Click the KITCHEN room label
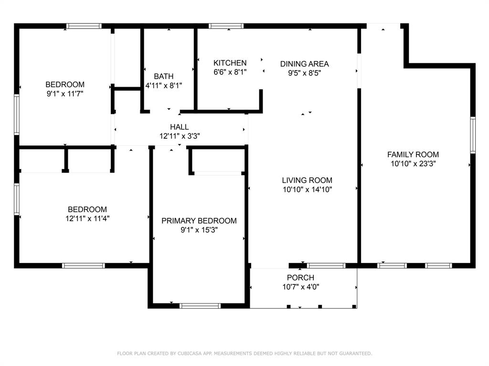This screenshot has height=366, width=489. [x=230, y=63]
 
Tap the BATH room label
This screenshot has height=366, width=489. [x=163, y=76]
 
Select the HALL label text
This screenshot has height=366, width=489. [x=180, y=127]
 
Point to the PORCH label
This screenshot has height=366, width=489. [x=300, y=278]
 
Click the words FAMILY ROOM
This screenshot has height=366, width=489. [x=413, y=154]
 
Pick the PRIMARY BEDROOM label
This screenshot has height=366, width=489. [x=199, y=221]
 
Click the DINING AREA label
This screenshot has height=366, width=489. [x=304, y=64]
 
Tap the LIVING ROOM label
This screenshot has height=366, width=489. [x=307, y=180]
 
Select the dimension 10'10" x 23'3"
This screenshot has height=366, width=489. [x=413, y=163]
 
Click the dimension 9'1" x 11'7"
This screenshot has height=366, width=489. [x=65, y=94]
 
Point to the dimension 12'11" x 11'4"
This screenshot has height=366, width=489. [x=87, y=219]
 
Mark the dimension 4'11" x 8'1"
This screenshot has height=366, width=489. [x=163, y=86]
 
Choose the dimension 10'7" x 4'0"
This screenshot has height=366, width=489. [x=300, y=287]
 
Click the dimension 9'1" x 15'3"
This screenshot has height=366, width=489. [x=199, y=230]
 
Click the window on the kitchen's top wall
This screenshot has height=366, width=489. [x=226, y=26]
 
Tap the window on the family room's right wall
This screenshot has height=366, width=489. [x=473, y=135]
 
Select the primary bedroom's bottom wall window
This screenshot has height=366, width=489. [x=200, y=305]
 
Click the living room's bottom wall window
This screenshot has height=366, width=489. [x=326, y=265]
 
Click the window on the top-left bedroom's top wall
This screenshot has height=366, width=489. [x=84, y=26]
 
